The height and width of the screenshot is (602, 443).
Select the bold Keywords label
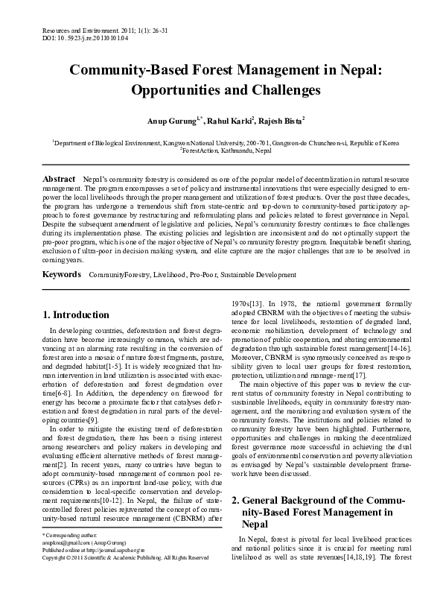click(x=62, y=275)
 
